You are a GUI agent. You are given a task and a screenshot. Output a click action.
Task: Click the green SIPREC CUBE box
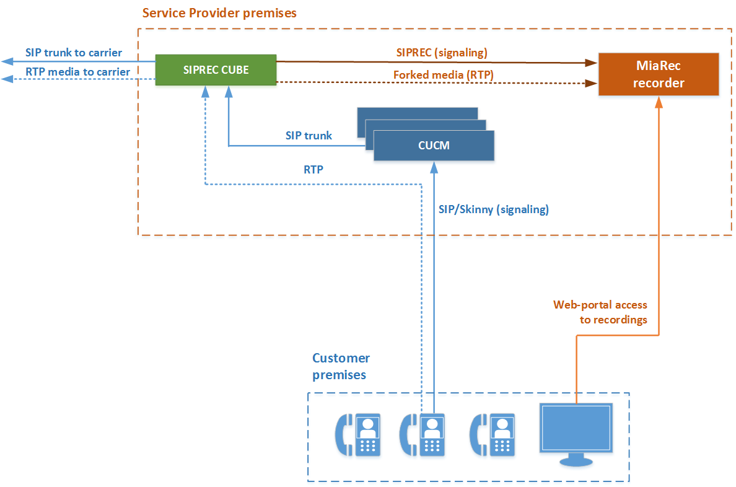[216, 70]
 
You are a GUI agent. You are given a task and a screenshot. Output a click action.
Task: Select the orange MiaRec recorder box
[659, 74]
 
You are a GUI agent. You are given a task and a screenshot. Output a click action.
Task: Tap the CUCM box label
[433, 146]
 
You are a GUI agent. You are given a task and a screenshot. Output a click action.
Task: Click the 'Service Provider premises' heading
[219, 12]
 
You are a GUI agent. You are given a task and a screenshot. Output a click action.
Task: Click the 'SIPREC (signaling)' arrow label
[442, 53]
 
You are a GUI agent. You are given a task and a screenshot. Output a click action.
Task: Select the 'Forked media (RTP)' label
[443, 74]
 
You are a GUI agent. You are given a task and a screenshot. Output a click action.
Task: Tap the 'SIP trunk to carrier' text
[73, 53]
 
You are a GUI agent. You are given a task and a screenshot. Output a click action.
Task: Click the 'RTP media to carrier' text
[77, 72]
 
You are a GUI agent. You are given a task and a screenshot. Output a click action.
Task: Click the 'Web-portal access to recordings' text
[600, 312]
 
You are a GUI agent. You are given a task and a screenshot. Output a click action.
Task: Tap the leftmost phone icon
[357, 434]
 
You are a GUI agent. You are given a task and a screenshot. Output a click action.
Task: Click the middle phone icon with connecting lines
[423, 434]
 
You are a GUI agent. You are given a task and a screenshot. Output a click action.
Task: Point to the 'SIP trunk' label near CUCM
[309, 135]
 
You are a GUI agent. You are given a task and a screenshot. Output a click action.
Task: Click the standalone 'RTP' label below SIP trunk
[313, 169]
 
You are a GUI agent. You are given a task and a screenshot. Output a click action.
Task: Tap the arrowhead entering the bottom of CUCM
[434, 166]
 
